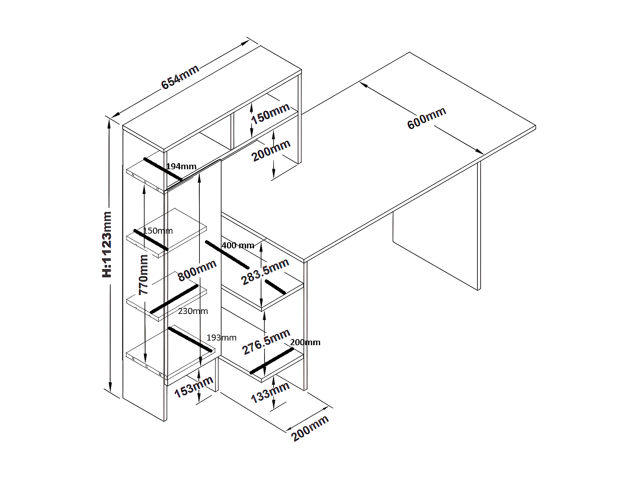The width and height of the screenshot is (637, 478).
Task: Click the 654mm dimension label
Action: pyautogui.click(x=180, y=77)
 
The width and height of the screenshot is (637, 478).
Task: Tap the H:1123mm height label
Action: pyautogui.click(x=107, y=244)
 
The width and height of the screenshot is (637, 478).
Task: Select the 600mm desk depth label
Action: pyautogui.click(x=427, y=118)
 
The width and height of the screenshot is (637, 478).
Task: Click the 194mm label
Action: pyautogui.click(x=181, y=166)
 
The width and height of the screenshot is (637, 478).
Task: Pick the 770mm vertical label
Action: pyautogui.click(x=144, y=275)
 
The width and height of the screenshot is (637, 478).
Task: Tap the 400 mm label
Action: pyautogui.click(x=238, y=245)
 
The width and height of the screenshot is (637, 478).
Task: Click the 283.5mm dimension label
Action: pyautogui.click(x=265, y=271)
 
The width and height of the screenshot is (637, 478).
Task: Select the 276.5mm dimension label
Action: pyautogui.click(x=266, y=342)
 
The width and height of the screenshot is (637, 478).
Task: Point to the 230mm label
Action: pyautogui.click(x=193, y=311)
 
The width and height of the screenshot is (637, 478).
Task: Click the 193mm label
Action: pyautogui.click(x=221, y=338)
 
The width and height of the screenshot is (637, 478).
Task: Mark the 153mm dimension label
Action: pyautogui.click(x=194, y=387)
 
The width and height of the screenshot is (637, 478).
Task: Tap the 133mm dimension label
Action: pyautogui.click(x=270, y=392)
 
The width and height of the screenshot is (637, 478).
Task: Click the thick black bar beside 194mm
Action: pyautogui.click(x=163, y=169)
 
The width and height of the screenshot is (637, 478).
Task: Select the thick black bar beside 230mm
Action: pyautogui.click(x=174, y=299)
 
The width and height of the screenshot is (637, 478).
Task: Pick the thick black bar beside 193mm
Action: pyautogui.click(x=190, y=339)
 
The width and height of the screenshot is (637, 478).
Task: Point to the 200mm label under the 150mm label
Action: pyautogui.click(x=271, y=150)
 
